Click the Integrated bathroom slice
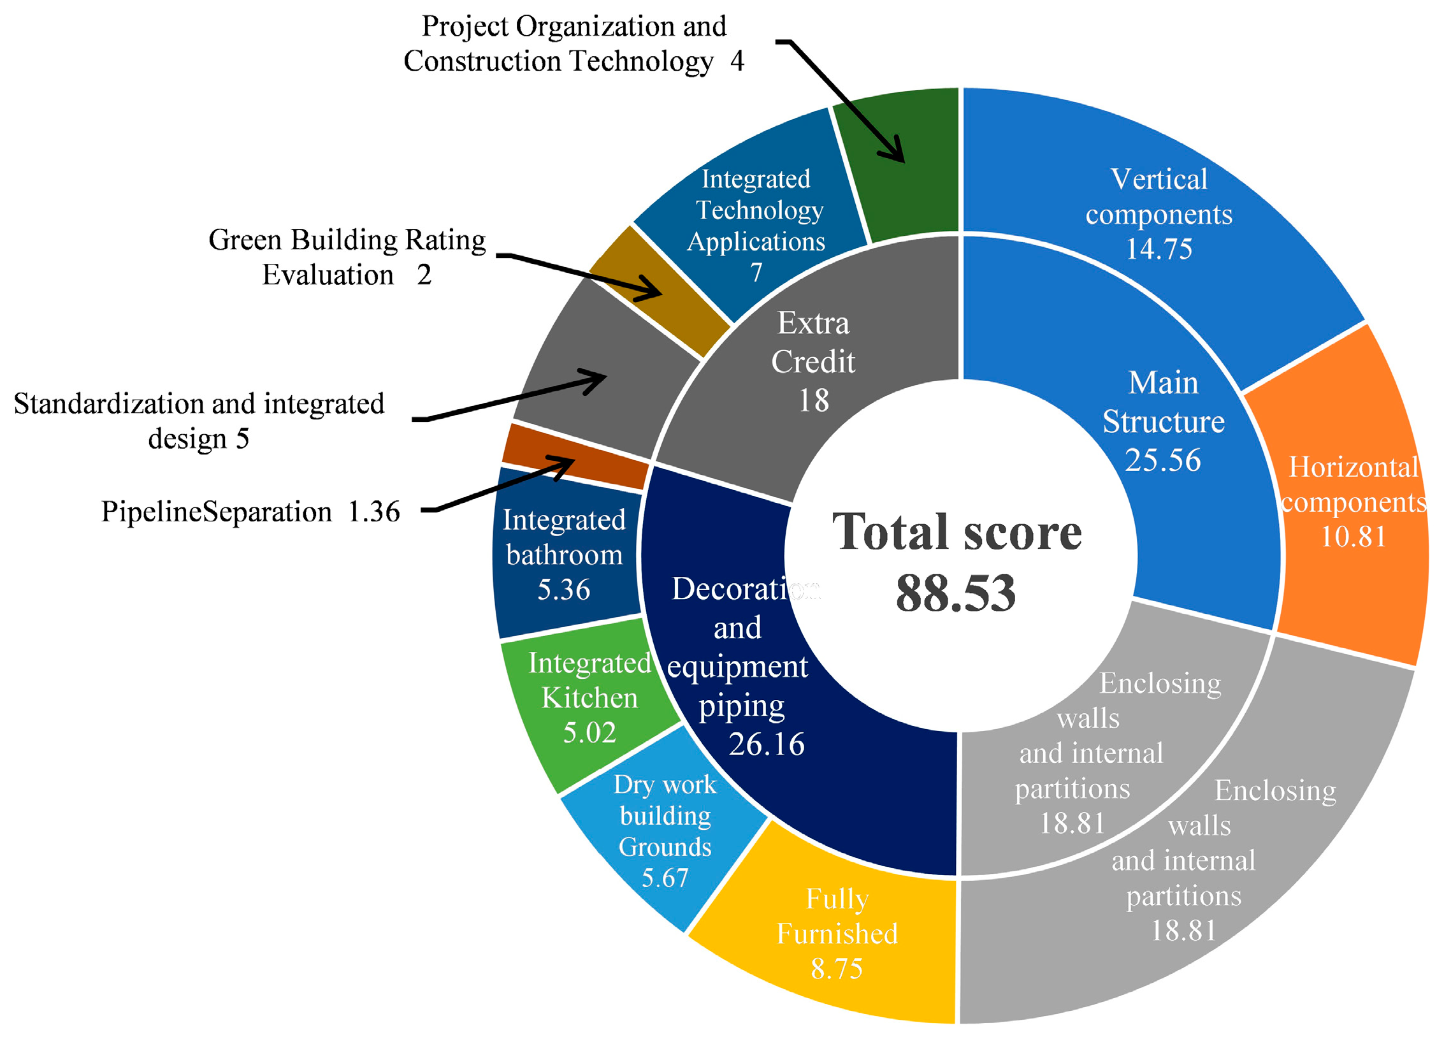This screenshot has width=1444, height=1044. coord(564,555)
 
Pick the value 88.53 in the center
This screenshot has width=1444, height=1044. coord(956,593)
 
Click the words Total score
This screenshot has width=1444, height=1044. coord(956,532)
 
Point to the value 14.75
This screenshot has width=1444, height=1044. coord(1159,249)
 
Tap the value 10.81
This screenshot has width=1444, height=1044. coord(1353,537)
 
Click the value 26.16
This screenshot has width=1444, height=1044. coord(767,744)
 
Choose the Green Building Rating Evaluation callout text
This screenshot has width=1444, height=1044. coord(347,257)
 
